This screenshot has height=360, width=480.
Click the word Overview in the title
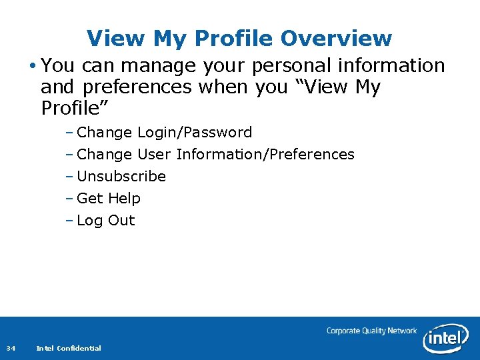[x=336, y=39]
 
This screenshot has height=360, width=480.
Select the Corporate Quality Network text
[x=371, y=331]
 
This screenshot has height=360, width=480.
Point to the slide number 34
[x=11, y=348]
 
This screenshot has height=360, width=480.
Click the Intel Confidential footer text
[x=69, y=348]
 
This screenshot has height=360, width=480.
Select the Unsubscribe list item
[x=121, y=177]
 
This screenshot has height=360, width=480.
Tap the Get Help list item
[x=109, y=199]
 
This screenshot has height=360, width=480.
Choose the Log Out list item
[x=106, y=221]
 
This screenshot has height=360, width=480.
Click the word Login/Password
[x=195, y=133]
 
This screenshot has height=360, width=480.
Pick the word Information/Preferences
[x=265, y=155]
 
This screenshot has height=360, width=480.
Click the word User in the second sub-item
[x=154, y=155]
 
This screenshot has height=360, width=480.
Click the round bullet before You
[x=33, y=66]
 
